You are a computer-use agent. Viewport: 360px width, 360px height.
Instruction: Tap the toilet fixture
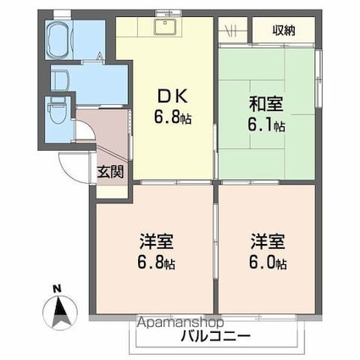[58, 112]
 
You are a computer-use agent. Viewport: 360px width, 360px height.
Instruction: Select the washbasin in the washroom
[58, 80]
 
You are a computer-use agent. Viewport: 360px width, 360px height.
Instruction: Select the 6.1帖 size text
[267, 126]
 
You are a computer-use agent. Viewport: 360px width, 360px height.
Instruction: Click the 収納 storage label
[283, 30]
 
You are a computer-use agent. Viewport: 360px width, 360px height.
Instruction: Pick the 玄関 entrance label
[109, 170]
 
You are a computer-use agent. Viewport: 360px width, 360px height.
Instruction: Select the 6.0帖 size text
[267, 263]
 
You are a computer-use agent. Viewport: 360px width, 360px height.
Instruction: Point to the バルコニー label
[215, 336]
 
